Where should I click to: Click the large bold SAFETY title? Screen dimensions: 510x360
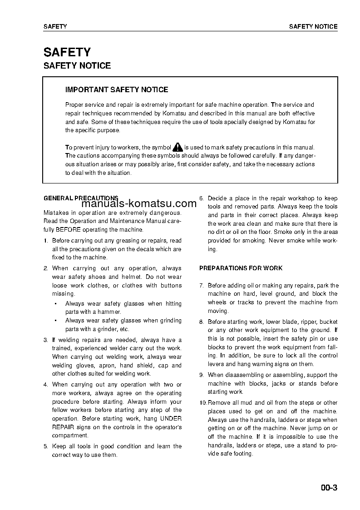pos(67,52)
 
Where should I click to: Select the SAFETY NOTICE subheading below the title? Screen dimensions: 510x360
pos(77,66)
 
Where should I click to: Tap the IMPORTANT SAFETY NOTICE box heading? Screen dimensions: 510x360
pos(117,90)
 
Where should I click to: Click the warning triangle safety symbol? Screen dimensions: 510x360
pos(178,147)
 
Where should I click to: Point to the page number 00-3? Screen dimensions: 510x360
pos(329,489)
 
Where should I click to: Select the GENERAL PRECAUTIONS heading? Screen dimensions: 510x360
pos(80,198)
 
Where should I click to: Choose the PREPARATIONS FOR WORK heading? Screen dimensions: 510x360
pos(241,268)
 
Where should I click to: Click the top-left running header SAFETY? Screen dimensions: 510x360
pos(55,27)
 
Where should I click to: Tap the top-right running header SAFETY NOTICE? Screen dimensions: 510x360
pos(313,27)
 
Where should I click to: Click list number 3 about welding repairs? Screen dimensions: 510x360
pos(45,340)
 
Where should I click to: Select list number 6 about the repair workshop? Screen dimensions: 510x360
pos(202,198)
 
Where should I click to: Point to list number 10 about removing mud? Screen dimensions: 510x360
pos(203,403)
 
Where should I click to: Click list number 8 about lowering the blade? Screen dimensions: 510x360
pos(202,322)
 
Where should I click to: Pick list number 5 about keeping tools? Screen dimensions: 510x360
pos(45,446)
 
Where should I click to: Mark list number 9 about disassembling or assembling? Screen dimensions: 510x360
pos(202,375)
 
